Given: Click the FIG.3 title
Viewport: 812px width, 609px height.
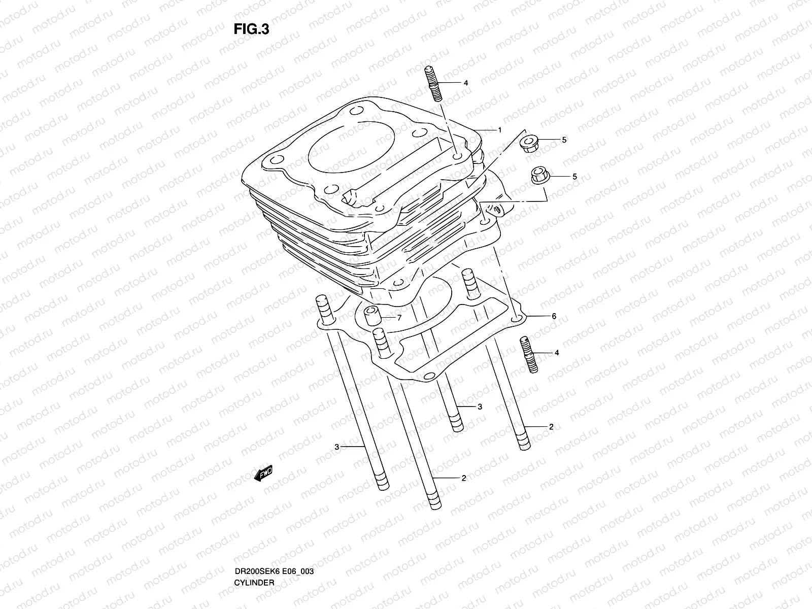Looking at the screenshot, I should coord(251,29).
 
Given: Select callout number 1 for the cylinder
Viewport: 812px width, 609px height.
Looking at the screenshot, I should coord(499,130).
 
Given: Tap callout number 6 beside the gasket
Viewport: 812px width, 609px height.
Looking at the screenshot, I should coord(554,316).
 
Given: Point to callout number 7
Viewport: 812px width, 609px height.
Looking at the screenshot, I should coord(399,318).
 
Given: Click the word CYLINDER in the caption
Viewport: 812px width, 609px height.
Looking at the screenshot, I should coord(254,554).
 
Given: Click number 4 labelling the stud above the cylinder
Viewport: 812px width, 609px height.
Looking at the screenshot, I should coord(465,83).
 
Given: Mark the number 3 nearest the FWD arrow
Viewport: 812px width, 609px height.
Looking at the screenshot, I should coord(336,447).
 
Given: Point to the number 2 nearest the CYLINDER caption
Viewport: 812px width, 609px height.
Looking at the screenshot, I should coord(463,478).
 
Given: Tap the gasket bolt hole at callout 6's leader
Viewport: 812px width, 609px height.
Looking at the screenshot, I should coord(517,319).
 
